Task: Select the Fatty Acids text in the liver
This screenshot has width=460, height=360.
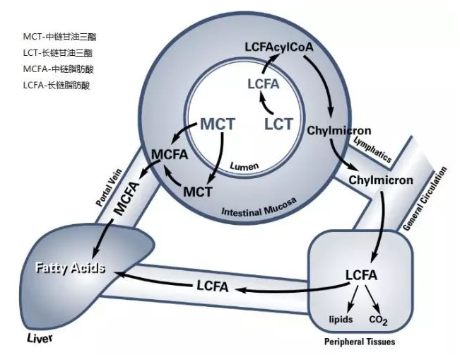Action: [x=70, y=268]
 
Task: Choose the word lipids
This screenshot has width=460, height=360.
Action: [x=341, y=320]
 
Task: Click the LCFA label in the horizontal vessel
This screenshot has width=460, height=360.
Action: [x=213, y=285]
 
